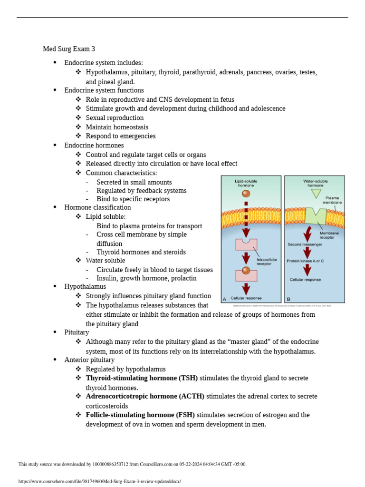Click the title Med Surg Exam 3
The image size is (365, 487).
point(69,49)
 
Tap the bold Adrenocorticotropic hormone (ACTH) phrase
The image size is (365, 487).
point(145,396)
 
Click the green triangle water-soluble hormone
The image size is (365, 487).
point(316,194)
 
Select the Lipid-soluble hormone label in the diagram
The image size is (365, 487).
point(246,183)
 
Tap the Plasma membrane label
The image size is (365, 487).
point(332,200)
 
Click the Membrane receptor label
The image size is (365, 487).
point(329,235)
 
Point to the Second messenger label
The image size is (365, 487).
point(305,244)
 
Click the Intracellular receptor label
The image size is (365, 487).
point(267,262)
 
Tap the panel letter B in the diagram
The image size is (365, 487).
point(288,299)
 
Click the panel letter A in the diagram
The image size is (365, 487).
point(225,299)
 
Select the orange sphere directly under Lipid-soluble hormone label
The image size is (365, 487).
point(246,194)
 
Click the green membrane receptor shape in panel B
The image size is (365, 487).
point(316,215)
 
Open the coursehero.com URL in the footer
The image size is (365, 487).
point(99,481)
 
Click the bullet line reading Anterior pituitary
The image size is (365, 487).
point(89,360)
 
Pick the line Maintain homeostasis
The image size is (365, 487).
point(117,127)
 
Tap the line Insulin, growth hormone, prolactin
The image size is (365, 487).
point(146,278)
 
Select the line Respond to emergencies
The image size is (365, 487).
point(121,136)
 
